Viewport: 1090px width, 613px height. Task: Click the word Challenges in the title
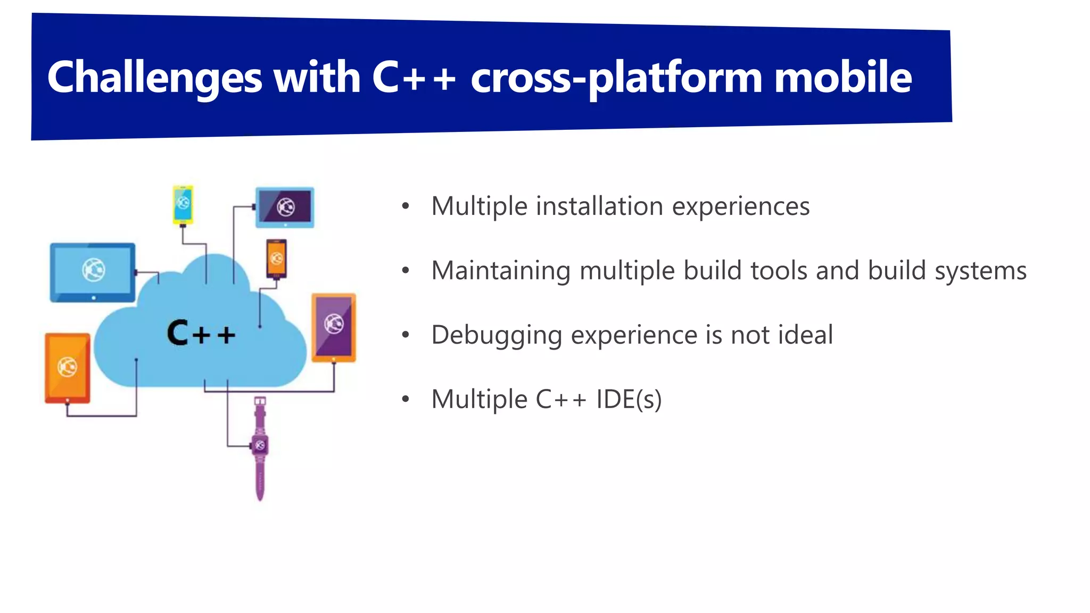154,78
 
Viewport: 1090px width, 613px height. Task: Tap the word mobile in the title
843,78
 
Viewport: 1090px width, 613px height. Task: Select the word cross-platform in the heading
617,78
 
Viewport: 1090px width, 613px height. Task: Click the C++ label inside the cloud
201,333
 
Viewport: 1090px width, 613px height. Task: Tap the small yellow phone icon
183,204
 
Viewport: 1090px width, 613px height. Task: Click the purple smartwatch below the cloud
260,447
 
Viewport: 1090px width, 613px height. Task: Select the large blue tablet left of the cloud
93,272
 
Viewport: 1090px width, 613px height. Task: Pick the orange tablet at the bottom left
68,368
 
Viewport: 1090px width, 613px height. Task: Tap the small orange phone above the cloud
277,259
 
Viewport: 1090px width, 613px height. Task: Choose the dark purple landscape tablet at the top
285,207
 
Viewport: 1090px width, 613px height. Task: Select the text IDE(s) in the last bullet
629,399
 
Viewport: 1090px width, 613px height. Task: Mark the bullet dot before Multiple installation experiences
406,206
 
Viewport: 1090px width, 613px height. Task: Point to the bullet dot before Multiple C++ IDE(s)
406,399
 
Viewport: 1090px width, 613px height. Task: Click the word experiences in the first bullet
740,206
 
